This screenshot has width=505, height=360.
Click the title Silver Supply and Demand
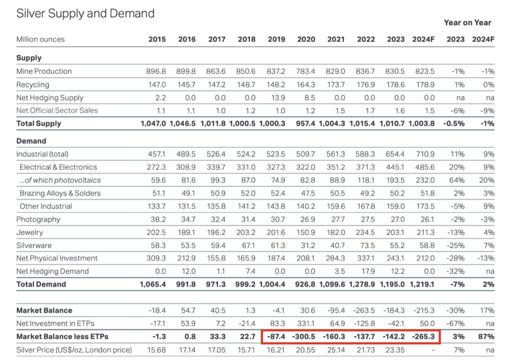[85, 13]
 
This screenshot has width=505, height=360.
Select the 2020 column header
[306, 39]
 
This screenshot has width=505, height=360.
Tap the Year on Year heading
[467, 22]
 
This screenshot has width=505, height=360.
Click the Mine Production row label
[44, 71]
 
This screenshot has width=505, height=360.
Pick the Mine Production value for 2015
[156, 71]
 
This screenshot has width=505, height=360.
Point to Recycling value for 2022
[365, 85]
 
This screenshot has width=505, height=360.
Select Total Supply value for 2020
[306, 123]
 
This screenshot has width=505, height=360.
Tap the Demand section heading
[31, 141]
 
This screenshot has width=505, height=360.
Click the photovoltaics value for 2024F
[425, 180]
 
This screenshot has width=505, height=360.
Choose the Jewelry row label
[30, 232]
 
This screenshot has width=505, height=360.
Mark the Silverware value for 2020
[306, 245]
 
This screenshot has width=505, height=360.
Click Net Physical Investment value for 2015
[156, 258]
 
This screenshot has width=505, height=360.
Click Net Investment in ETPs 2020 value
[306, 324]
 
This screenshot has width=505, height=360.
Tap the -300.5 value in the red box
[304, 337]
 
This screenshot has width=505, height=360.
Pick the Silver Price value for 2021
[335, 350]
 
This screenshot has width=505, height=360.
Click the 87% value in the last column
[486, 337]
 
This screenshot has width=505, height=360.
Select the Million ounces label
[40, 39]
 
